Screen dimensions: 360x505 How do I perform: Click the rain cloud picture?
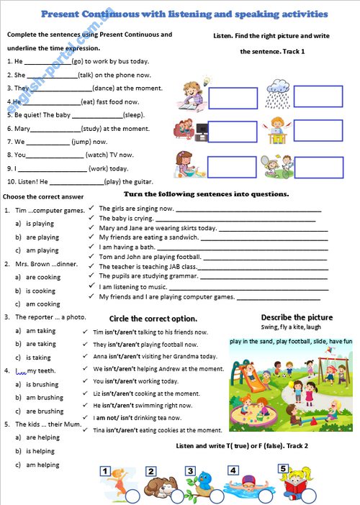pyautogui.click(x=278, y=97)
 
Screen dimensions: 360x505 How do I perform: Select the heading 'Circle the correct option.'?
pyautogui.click(x=153, y=318)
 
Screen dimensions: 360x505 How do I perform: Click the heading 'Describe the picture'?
pyautogui.click(x=297, y=317)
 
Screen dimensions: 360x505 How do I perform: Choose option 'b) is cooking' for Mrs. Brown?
pyautogui.click(x=40, y=291)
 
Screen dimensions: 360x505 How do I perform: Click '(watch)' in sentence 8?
pyautogui.click(x=96, y=155)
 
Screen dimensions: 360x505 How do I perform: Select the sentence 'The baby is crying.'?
pyautogui.click(x=126, y=218)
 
